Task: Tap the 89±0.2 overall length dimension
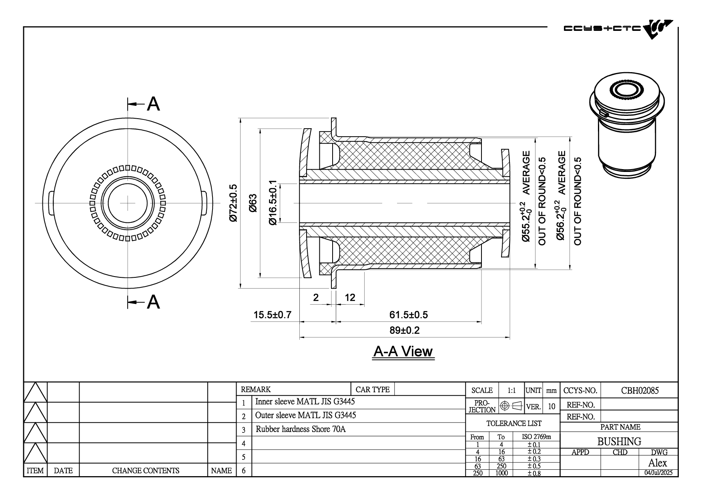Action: point(405,330)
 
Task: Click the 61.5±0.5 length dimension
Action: point(408,315)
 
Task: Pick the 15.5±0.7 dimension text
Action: point(273,315)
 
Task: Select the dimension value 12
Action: point(350,297)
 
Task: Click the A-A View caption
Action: point(403,352)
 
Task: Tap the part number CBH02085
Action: point(640,390)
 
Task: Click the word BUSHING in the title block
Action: point(619,441)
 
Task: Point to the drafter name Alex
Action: point(658,463)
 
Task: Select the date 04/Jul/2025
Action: point(658,473)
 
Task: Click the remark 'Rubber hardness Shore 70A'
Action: point(301,429)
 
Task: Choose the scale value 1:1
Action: point(511,390)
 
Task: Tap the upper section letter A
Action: point(153,104)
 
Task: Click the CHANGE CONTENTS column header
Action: point(145,471)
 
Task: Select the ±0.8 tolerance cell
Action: point(534,473)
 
